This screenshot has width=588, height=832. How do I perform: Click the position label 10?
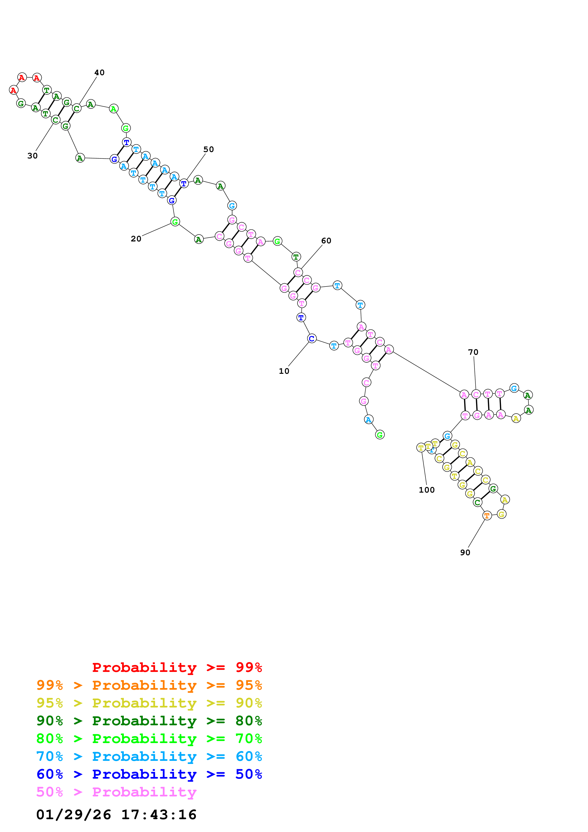tap(284, 371)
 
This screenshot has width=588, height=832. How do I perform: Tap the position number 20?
tap(136, 239)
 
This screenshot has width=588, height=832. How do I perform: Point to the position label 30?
tap(32, 156)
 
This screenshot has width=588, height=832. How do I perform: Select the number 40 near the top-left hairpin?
tap(99, 73)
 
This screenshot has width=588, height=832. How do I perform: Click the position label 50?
tap(208, 149)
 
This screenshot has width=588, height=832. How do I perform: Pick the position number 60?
tap(326, 241)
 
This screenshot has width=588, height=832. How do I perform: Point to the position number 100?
tap(426, 490)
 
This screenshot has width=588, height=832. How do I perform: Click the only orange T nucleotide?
tap(487, 515)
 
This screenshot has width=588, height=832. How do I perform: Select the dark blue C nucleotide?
tap(312, 338)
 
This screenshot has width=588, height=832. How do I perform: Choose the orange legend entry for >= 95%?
tap(149, 685)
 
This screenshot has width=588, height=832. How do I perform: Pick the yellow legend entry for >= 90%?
tap(149, 703)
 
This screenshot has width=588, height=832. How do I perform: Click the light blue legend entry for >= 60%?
tap(149, 756)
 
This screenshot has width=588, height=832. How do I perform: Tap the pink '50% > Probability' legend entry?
tap(116, 792)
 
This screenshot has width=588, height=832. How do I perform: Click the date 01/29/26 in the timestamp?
tap(74, 815)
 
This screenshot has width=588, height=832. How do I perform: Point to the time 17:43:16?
tap(159, 815)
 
